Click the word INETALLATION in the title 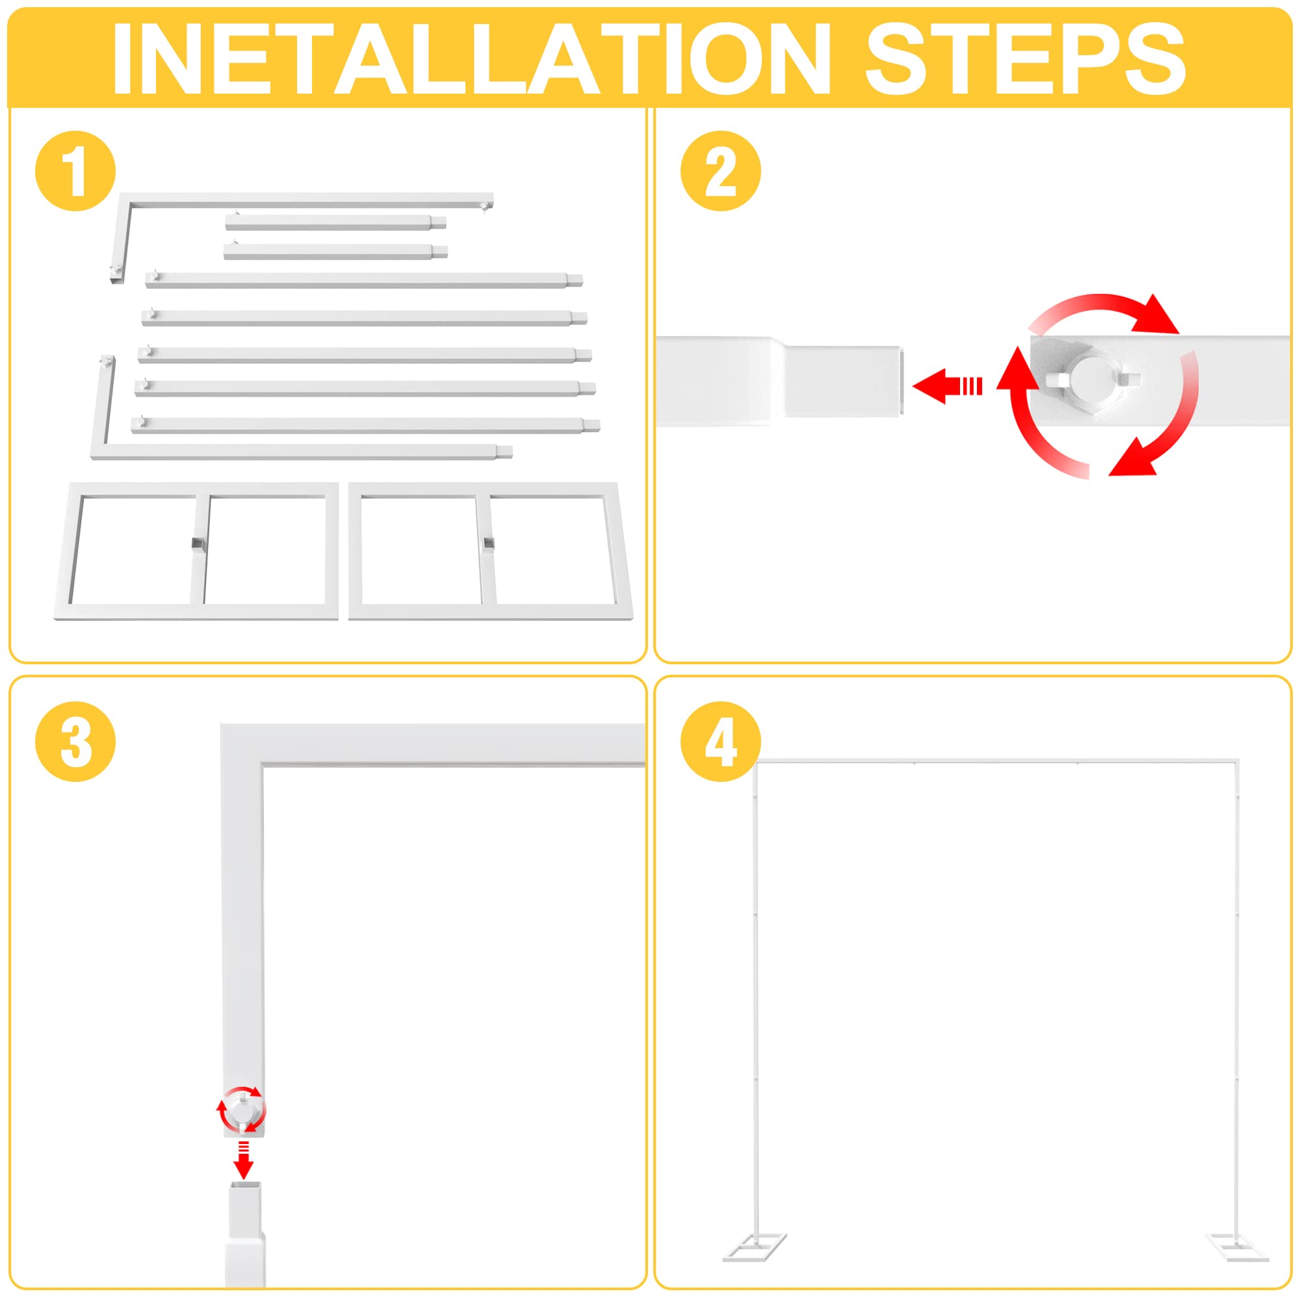click(x=471, y=59)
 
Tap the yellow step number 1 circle click(x=75, y=171)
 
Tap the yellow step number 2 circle click(x=721, y=171)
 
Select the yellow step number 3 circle click(x=75, y=742)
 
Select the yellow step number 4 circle click(x=721, y=742)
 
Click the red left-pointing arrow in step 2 click(x=945, y=386)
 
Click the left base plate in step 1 click(x=196, y=551)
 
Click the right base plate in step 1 click(x=490, y=551)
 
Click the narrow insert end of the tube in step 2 click(x=842, y=381)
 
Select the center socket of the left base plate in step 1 click(x=196, y=543)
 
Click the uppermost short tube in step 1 click(x=334, y=223)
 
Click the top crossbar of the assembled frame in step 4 click(x=996, y=762)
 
